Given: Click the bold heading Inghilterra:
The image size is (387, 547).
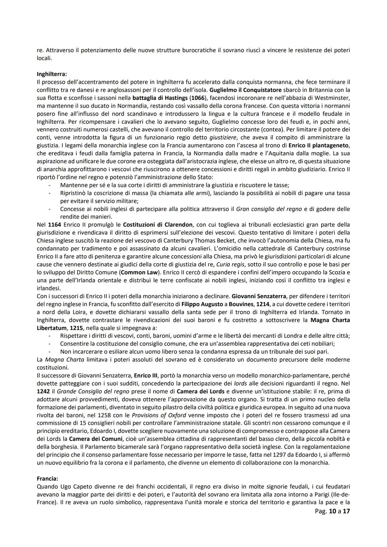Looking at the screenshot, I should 52,74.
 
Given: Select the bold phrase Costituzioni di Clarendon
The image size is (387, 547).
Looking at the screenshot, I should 158,225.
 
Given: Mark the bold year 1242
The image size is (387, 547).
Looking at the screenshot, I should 43,391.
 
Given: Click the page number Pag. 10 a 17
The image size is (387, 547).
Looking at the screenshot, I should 330,511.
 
